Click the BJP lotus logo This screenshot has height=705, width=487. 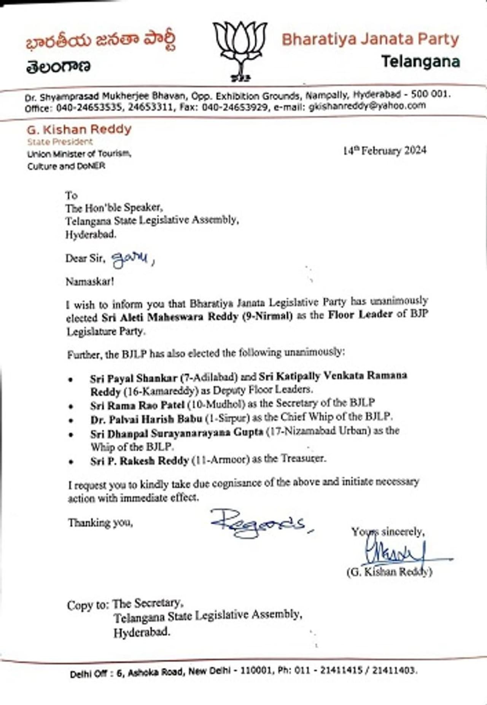[x=240, y=50]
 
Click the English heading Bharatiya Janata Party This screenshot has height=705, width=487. [x=370, y=39]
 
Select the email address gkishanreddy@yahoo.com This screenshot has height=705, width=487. [x=367, y=106]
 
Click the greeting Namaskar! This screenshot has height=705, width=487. [x=89, y=282]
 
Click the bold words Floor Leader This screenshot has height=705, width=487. [x=360, y=315]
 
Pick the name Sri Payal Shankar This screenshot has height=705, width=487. [x=134, y=379]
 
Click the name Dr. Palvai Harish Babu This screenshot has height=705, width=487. [x=146, y=419]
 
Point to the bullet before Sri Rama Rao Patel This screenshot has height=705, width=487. [x=71, y=407]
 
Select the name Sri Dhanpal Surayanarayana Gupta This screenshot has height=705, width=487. [x=177, y=433]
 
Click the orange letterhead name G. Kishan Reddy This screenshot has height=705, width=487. [x=79, y=129]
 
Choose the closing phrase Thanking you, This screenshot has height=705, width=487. [x=100, y=523]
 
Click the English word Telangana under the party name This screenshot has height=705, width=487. [x=420, y=61]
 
